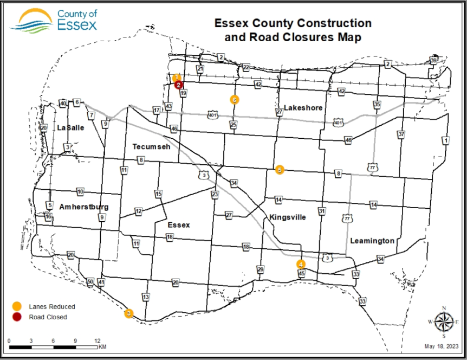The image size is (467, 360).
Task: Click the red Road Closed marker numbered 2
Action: point(179,85)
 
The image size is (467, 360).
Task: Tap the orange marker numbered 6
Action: point(234,99)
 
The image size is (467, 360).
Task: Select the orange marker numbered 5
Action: point(280,170)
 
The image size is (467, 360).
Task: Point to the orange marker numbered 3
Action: point(129,313)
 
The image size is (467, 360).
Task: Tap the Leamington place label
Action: point(372,240)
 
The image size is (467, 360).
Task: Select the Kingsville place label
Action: point(288,217)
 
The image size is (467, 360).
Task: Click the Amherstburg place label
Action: point(84,207)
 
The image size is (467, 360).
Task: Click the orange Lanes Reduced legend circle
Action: point(18,306)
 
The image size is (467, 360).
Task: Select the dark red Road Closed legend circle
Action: point(18,317)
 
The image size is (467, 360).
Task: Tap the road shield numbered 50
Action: point(90,282)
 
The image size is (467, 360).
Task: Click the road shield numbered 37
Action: point(401,133)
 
